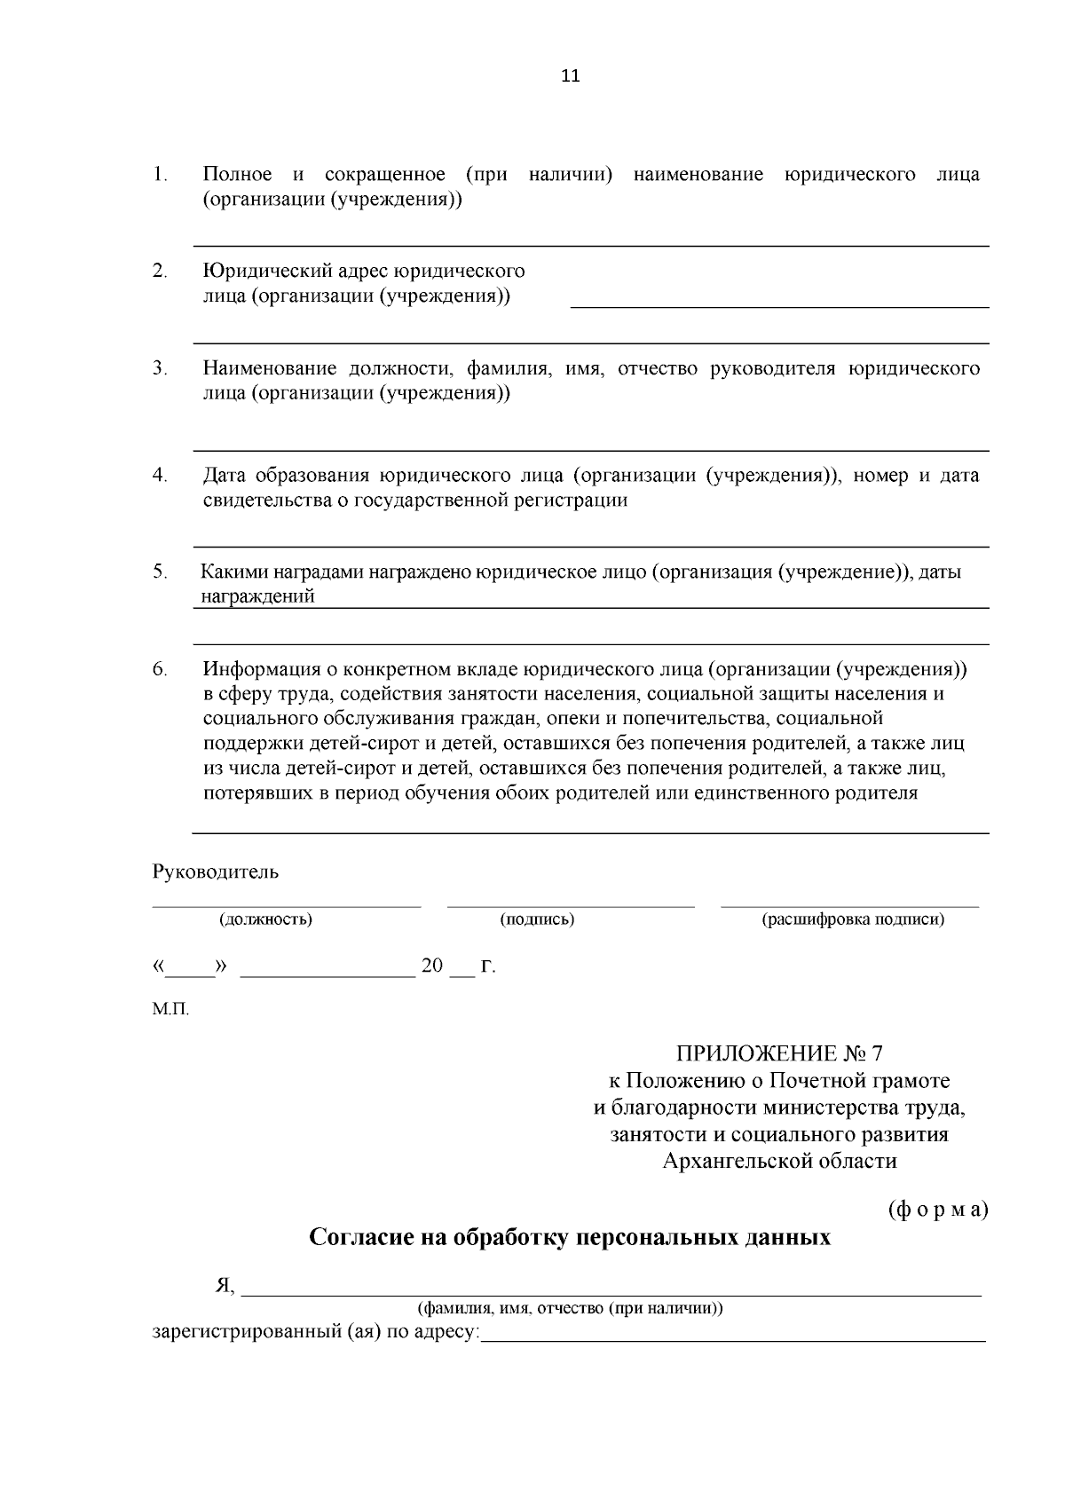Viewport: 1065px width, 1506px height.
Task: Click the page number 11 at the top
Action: pyautogui.click(x=571, y=76)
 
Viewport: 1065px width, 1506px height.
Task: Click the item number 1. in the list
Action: pyautogui.click(x=160, y=174)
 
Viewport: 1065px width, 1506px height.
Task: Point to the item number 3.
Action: pyautogui.click(x=160, y=368)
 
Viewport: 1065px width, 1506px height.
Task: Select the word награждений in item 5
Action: pyautogui.click(x=258, y=597)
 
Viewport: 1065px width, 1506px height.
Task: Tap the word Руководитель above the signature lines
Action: pyautogui.click(x=216, y=871)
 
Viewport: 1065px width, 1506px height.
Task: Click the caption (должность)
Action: pyautogui.click(x=265, y=919)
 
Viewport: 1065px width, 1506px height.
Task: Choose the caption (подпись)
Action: pyautogui.click(x=537, y=919)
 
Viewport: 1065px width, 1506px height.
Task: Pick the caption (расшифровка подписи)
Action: pyautogui.click(x=853, y=919)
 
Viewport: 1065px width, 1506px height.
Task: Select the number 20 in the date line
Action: pyautogui.click(x=431, y=966)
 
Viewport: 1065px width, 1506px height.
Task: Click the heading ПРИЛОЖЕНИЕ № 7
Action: pyautogui.click(x=779, y=1054)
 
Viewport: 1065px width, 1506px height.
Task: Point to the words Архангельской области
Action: pyautogui.click(x=779, y=1161)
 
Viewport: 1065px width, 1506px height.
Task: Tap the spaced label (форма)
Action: pyautogui.click(x=937, y=1210)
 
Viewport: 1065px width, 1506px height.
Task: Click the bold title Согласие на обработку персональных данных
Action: pyautogui.click(x=569, y=1237)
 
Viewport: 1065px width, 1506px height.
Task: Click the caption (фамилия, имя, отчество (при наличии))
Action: pyautogui.click(x=571, y=1308)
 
